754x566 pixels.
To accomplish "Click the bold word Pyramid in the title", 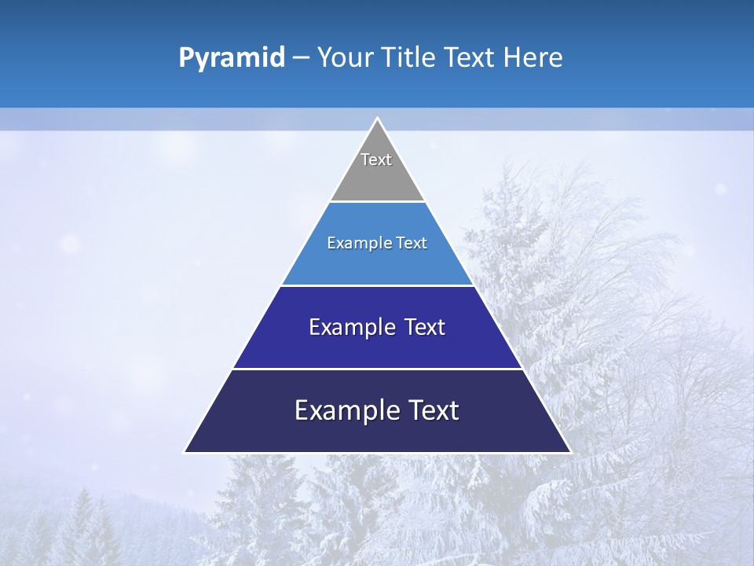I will coord(232,58).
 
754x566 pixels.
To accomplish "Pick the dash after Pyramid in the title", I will coord(301,58).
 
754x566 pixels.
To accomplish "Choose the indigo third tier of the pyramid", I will coord(377,346).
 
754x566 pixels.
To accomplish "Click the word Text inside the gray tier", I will coord(376,160).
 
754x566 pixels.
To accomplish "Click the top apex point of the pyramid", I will coord(377,119).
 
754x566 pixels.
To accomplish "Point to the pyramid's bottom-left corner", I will coord(185,451).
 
